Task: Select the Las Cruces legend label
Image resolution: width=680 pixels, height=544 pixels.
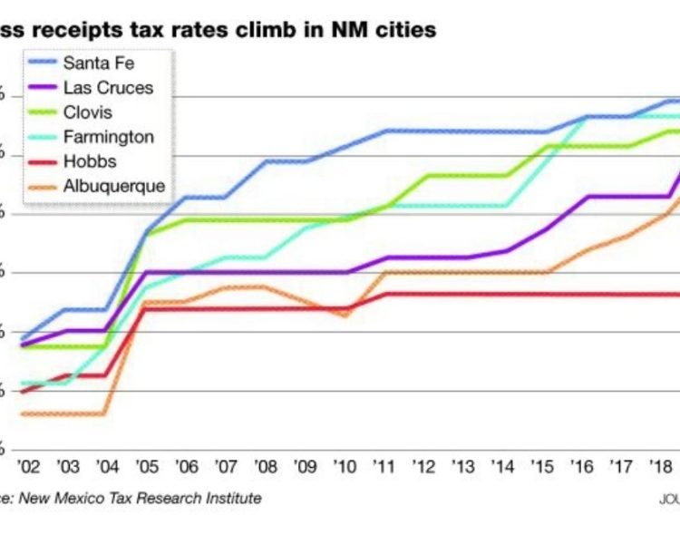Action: [108, 88]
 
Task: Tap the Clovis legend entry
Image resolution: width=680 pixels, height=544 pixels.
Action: [88, 112]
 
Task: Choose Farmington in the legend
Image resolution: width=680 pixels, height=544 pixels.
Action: [108, 137]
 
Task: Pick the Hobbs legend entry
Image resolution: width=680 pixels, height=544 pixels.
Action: [89, 161]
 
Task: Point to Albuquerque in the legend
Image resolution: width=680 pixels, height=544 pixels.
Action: [113, 186]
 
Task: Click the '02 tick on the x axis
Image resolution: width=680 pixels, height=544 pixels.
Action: [29, 466]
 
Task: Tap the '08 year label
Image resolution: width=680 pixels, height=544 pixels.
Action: [266, 466]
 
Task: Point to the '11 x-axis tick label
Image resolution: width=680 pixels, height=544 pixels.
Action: [385, 466]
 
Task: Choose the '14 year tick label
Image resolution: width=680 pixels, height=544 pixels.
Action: [504, 466]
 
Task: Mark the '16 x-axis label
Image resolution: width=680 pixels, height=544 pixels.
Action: [583, 466]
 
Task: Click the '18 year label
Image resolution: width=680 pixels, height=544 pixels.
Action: [661, 466]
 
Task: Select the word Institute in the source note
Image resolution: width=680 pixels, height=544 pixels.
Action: [233, 498]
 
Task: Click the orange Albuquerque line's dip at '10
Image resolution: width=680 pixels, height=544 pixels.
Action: [345, 315]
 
